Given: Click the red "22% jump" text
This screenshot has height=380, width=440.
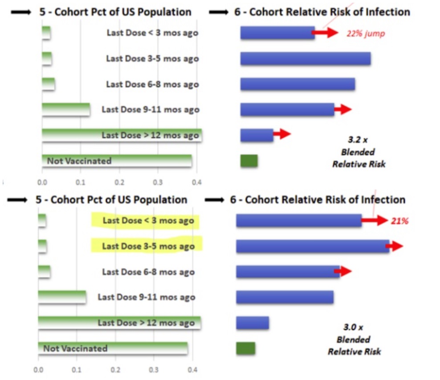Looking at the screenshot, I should point(365,33).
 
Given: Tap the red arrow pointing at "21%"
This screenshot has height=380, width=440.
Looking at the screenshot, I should point(375,220).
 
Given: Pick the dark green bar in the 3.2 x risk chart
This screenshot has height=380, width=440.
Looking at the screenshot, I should point(249,161).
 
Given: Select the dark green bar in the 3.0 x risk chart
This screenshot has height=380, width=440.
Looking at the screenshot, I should point(245,348).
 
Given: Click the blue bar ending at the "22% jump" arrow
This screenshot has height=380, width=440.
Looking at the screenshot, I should point(277,33).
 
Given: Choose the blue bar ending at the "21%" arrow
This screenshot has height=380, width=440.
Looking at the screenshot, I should point(298,220).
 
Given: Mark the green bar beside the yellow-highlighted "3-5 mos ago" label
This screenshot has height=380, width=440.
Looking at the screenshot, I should point(43,246).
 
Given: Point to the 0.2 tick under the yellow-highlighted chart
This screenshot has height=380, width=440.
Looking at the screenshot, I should point(115,369).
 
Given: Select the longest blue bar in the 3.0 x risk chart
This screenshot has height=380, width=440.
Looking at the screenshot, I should point(312,246).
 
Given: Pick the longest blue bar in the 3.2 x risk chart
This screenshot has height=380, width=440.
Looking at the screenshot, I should point(306,59).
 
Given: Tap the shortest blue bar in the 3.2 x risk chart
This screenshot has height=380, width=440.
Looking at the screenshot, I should point(257,135).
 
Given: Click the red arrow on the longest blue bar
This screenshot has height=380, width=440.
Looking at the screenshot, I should point(395,246).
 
